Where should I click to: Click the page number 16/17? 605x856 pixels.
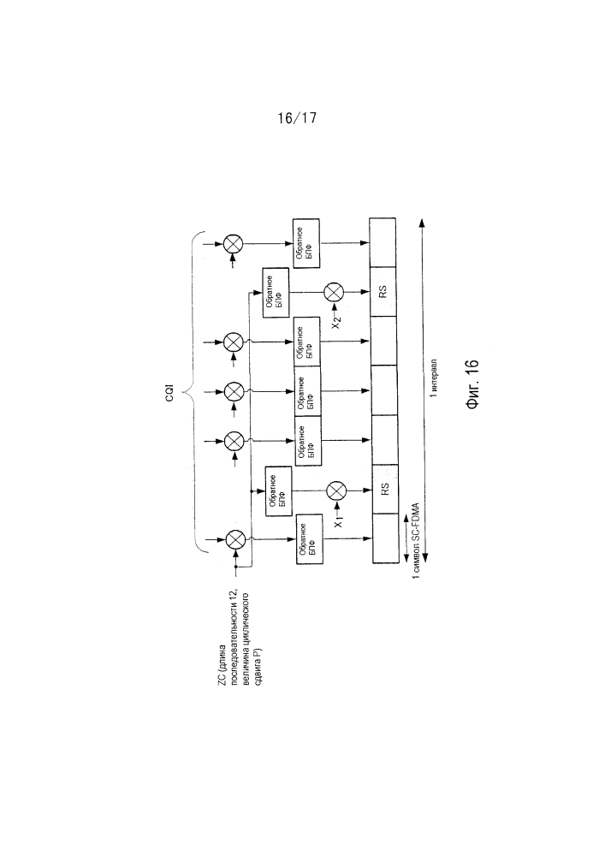[297, 118]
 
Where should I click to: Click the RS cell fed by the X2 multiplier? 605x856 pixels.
[383, 292]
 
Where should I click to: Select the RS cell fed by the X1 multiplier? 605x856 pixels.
[385, 489]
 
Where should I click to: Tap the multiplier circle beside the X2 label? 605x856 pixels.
[334, 292]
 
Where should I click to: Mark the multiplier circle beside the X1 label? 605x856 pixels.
[335, 490]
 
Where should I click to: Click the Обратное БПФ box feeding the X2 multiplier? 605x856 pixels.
[276, 293]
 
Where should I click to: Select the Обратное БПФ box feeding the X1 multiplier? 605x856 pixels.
[279, 490]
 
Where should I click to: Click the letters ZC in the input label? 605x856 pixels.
[222, 679]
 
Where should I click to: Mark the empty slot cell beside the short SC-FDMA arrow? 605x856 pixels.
[386, 538]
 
